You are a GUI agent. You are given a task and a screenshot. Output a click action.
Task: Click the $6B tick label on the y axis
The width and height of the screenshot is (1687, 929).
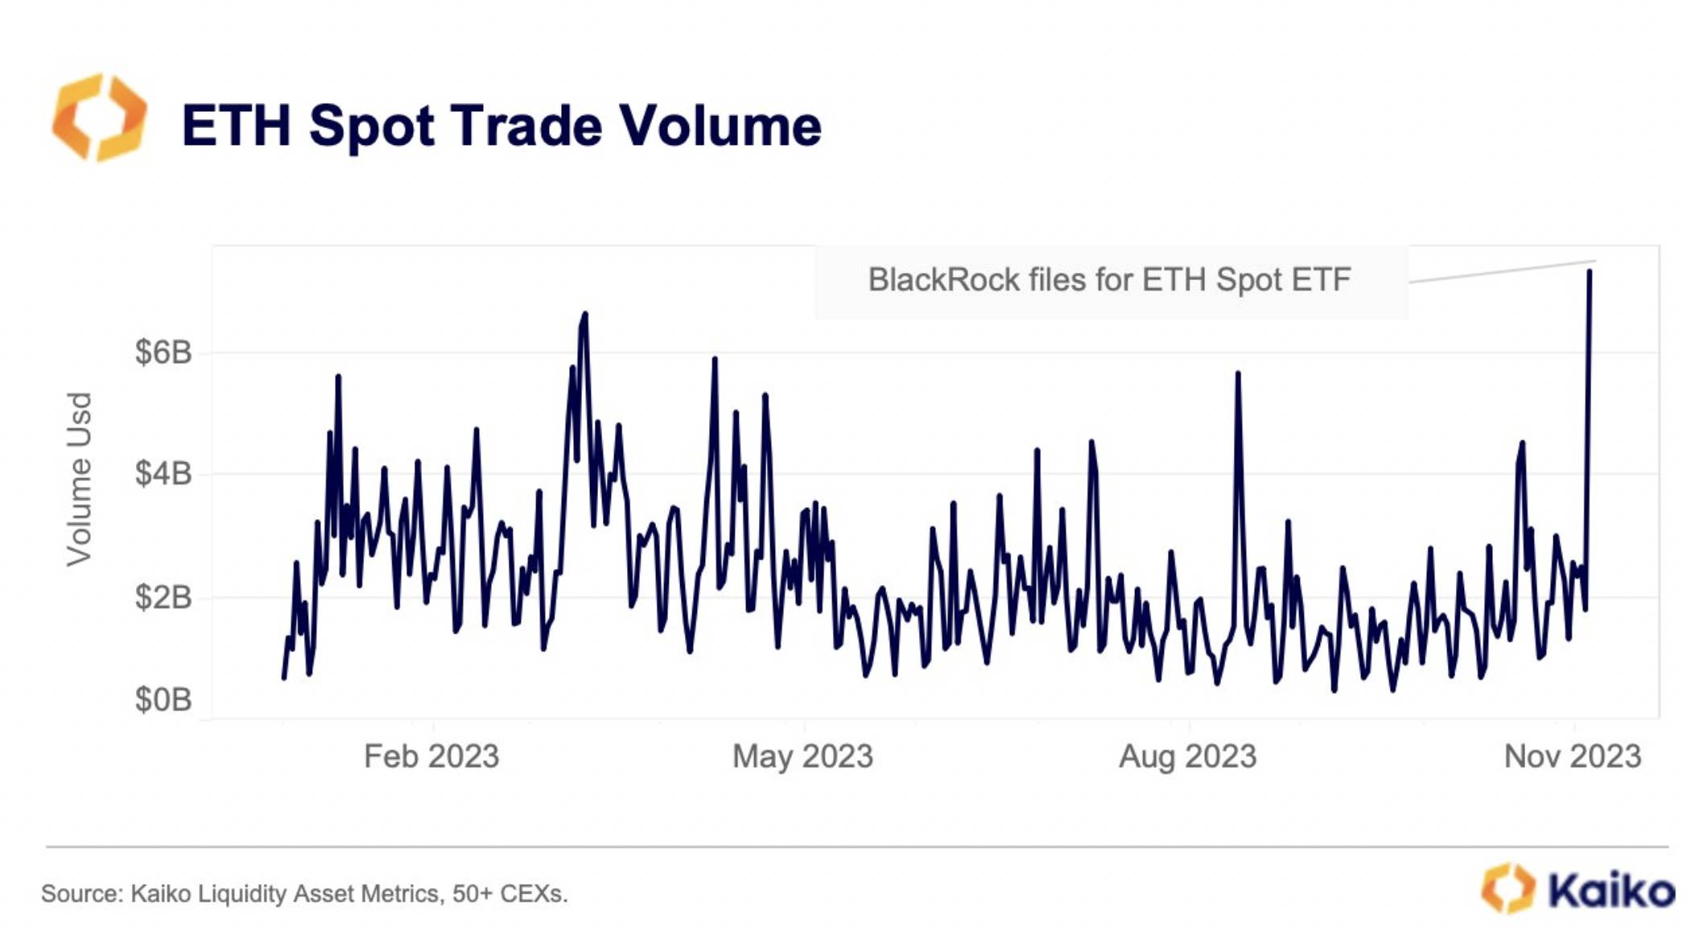[x=163, y=353]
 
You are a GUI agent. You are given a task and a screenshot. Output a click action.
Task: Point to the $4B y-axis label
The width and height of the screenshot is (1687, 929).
[x=163, y=473]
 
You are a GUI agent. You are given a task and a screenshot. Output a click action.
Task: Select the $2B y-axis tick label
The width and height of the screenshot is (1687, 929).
[x=163, y=597]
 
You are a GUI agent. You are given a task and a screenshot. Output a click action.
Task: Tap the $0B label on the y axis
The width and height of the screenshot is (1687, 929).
[x=163, y=700]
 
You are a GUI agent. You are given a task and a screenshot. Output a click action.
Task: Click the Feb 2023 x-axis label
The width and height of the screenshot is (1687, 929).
[x=431, y=757]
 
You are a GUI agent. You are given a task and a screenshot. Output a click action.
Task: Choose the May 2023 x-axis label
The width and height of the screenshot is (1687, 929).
[x=802, y=757]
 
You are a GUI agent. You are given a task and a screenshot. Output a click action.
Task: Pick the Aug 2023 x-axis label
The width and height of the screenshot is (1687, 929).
[x=1188, y=757]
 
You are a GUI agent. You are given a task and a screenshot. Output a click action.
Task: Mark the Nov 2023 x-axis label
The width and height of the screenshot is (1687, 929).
[x=1573, y=757]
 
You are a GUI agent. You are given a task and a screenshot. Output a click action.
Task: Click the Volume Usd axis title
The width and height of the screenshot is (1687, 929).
[x=79, y=480]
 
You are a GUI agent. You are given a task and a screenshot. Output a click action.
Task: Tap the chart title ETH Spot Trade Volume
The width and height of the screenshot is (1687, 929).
[x=501, y=126]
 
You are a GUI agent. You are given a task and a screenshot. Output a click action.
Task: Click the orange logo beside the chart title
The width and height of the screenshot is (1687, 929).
[x=100, y=118]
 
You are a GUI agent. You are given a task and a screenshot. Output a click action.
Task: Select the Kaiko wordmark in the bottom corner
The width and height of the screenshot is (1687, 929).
[x=1611, y=890]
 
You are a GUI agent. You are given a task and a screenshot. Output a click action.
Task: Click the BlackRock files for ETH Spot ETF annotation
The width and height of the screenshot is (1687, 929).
[x=1109, y=280]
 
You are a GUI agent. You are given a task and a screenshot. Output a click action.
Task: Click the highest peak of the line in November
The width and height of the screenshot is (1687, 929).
[x=1590, y=272]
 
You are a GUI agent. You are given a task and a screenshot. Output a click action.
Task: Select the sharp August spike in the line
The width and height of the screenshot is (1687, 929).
[x=1238, y=374]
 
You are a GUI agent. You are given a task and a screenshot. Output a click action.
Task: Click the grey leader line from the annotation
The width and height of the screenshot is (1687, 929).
[x=1502, y=271]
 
